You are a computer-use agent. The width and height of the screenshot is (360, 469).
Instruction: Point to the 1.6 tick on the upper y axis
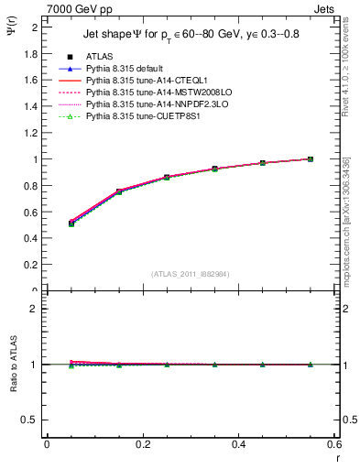[31, 80]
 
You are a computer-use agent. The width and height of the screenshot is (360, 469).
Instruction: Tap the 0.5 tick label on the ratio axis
[31, 420]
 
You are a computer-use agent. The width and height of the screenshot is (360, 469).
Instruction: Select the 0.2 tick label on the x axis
[142, 444]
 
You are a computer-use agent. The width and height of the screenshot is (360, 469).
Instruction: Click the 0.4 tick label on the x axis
[238, 444]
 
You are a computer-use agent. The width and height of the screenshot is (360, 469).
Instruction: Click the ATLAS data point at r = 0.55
[311, 158]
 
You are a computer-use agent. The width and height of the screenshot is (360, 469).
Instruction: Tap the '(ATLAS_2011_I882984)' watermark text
[189, 273]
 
